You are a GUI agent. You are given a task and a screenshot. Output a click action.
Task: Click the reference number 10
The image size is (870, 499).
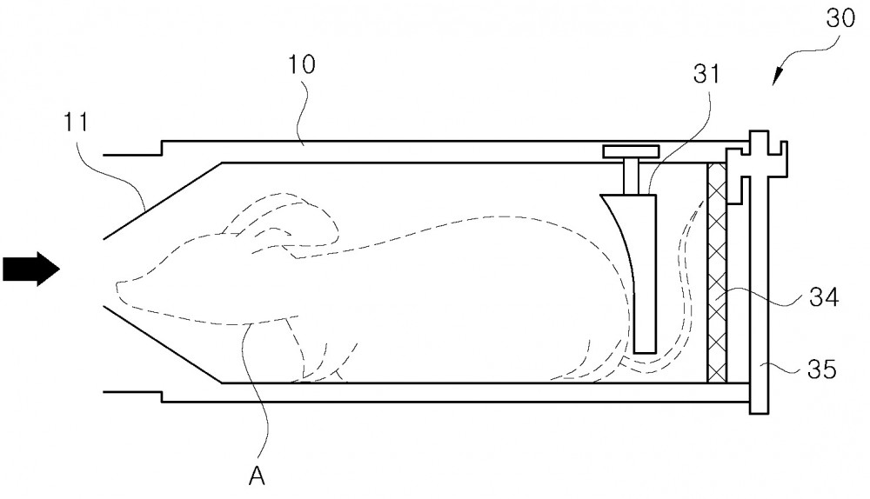(302, 64)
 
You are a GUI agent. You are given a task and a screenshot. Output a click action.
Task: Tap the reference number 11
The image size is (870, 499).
(76, 122)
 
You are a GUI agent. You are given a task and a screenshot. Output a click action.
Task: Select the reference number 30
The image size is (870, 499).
(840, 18)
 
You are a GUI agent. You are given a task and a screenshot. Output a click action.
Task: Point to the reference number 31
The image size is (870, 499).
(706, 73)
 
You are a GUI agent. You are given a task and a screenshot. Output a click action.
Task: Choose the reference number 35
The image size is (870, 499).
(822, 369)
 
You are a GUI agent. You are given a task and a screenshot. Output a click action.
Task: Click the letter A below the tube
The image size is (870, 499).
(257, 476)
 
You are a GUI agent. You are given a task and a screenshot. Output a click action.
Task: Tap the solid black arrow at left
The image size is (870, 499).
(31, 269)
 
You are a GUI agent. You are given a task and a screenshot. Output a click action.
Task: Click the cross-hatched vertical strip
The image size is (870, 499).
(717, 273)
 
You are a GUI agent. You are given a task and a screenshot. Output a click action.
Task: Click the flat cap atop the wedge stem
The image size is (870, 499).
(632, 150)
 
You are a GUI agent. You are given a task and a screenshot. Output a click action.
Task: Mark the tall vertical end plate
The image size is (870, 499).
(759, 272)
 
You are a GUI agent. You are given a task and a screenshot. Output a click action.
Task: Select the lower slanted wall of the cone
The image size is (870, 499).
(163, 343)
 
